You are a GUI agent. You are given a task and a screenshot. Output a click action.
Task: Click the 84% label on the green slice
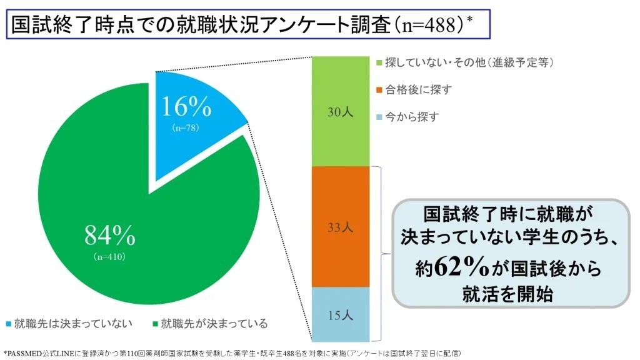[110, 236]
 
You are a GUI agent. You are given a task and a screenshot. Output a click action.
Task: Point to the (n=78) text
[186, 127]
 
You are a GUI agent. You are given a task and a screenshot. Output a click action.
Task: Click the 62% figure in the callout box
[462, 267]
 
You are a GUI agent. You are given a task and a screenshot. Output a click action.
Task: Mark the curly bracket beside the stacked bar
[381, 253]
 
